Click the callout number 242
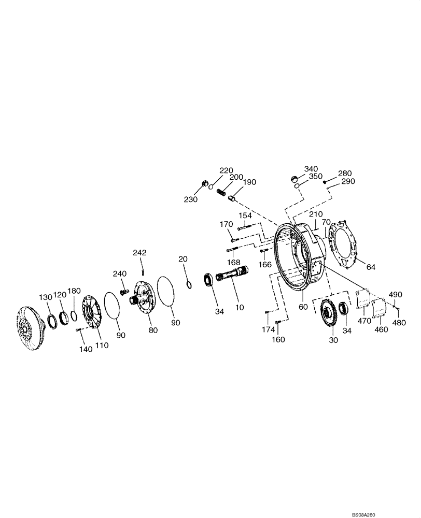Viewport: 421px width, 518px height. click(139, 253)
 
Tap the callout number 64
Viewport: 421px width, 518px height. click(370, 267)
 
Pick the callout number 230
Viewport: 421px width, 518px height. click(190, 199)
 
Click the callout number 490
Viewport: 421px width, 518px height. click(396, 294)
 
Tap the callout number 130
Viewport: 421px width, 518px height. click(47, 297)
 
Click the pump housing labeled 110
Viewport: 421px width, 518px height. click(92, 316)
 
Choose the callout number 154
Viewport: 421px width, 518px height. click(245, 215)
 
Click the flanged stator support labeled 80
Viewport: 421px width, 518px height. click(144, 296)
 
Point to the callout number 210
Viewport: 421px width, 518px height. click(316, 214)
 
